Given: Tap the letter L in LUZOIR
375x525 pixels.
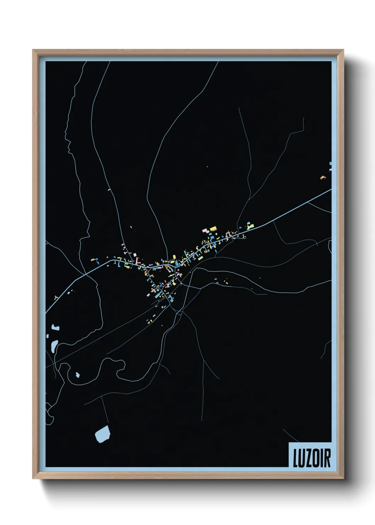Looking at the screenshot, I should click(x=295, y=458).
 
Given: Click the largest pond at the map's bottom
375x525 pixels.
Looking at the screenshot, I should click(x=102, y=433).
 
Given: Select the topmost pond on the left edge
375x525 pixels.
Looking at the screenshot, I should click(x=55, y=327).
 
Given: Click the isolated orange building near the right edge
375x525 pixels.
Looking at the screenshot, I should click(x=323, y=177).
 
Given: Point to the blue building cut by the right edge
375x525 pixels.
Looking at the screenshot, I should click(x=330, y=164).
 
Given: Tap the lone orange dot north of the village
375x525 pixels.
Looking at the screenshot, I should click(x=207, y=166).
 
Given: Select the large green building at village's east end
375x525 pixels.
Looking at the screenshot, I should click(x=251, y=225).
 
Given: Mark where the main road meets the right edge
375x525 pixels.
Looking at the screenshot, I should click(x=331, y=189).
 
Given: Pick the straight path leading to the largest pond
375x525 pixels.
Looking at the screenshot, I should click(x=104, y=411).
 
